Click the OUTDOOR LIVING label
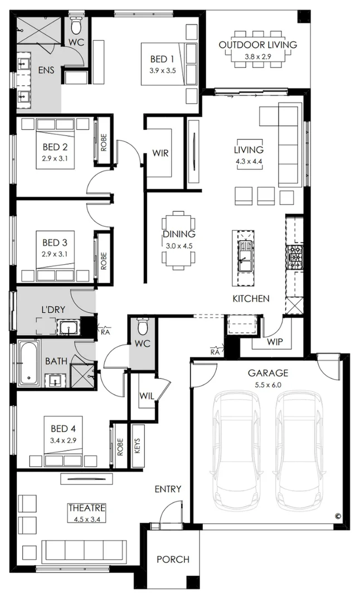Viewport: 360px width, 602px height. tap(258, 45)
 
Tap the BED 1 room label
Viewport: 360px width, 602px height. tap(162, 59)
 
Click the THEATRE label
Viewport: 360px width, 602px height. tap(87, 508)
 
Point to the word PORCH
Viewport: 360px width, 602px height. tap(173, 560)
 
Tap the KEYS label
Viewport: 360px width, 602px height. tap(138, 446)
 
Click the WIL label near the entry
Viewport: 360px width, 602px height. tap(147, 395)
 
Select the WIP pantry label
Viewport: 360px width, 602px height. tap(274, 341)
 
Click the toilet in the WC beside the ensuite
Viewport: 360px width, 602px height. tap(76, 26)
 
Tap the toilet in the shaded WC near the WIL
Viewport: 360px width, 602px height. tap(143, 327)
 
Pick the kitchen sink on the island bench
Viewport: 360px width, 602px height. tap(244, 256)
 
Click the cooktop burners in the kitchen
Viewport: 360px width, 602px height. tap(295, 258)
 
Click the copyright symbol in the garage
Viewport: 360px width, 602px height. tap(338, 516)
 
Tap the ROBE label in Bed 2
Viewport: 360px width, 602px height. tap(104, 141)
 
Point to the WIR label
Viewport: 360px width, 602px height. tap(160, 153)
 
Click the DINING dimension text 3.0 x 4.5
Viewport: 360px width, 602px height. tap(178, 246)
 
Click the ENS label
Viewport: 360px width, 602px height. tap(46, 70)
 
